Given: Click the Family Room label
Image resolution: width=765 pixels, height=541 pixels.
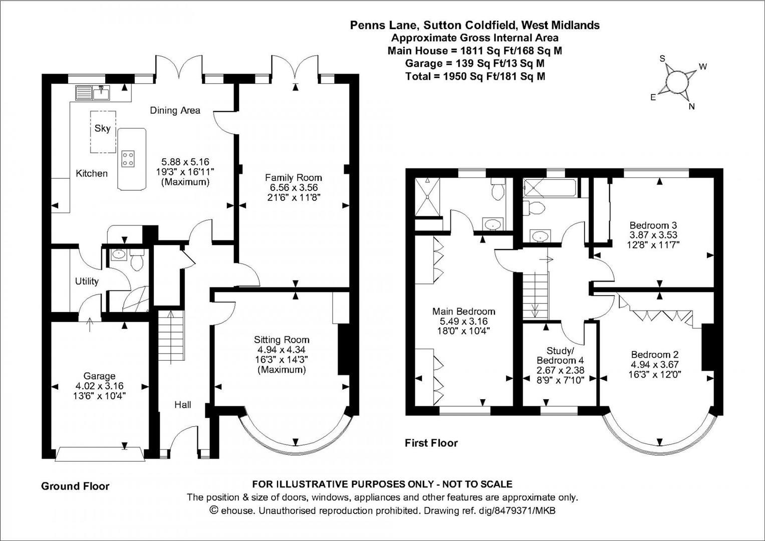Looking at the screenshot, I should [x=293, y=178].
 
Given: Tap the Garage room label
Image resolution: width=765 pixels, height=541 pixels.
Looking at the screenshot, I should [x=99, y=376].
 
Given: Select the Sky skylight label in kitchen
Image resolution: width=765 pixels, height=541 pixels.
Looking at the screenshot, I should [x=102, y=128].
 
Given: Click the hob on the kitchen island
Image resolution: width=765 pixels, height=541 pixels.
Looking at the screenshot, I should [x=128, y=159].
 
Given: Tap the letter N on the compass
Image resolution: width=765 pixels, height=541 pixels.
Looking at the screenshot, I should [x=691, y=106].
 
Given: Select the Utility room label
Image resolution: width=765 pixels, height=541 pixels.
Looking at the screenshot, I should [x=87, y=282].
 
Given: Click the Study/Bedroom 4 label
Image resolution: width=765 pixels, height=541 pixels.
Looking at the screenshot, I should [x=560, y=356].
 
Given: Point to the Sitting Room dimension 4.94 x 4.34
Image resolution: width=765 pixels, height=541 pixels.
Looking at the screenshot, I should [x=281, y=350].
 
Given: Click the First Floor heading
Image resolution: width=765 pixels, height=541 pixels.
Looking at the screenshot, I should [x=431, y=443].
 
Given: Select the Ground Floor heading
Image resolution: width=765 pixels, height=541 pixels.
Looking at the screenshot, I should [x=75, y=486].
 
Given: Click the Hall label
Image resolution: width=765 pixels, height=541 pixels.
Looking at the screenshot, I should [x=182, y=405].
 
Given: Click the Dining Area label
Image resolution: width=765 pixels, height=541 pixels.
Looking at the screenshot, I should [x=175, y=111].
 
